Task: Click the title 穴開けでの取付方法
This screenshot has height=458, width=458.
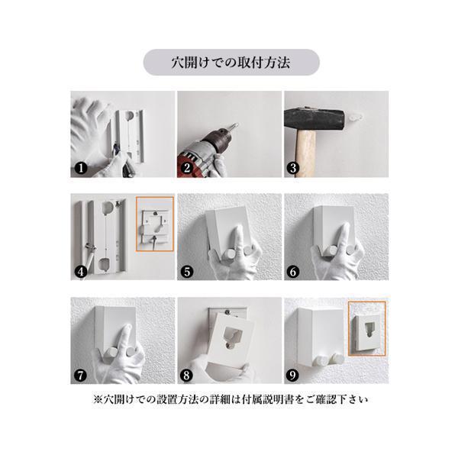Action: (231, 63)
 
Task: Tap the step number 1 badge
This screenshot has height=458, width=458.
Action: (81, 168)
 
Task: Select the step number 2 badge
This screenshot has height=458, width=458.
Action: (187, 168)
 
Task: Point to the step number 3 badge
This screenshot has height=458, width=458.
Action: (293, 168)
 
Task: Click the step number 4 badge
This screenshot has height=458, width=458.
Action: (81, 272)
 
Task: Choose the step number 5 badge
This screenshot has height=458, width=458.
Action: (187, 272)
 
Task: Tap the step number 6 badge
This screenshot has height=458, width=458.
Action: (293, 272)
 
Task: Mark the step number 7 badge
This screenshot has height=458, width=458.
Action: (81, 376)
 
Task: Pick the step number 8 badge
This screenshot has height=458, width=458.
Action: (187, 376)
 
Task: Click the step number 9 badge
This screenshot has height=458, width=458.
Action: (293, 376)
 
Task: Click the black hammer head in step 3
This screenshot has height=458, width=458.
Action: (314, 120)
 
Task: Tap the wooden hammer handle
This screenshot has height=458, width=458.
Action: (306, 153)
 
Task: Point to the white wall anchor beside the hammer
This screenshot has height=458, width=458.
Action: (354, 118)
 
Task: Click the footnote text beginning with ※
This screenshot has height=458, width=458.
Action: (231, 399)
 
